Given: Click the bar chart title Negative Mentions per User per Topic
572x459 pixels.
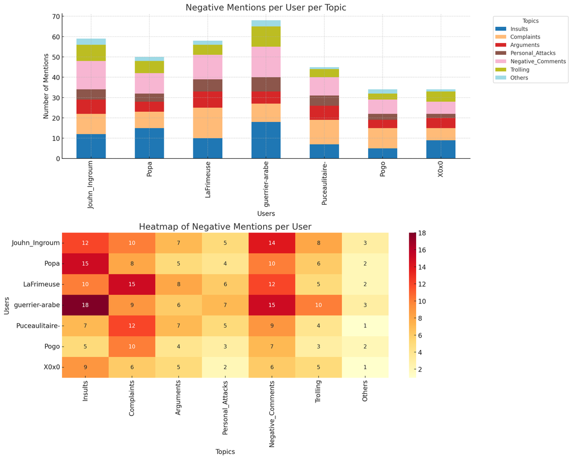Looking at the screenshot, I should pyautogui.click(x=265, y=7).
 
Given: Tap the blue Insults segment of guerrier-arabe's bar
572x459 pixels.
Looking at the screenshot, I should pyautogui.click(x=266, y=140).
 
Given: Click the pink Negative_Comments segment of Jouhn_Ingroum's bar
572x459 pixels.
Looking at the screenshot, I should pyautogui.click(x=91, y=75).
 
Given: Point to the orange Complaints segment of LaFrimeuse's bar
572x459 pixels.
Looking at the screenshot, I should pyautogui.click(x=208, y=123).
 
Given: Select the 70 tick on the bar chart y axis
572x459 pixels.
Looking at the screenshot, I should pyautogui.click(x=56, y=16).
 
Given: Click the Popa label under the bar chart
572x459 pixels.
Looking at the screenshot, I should pyautogui.click(x=150, y=171).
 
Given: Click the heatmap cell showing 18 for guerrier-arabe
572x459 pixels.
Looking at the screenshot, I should pyautogui.click(x=85, y=305).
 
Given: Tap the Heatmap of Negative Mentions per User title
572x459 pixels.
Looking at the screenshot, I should pyautogui.click(x=225, y=226).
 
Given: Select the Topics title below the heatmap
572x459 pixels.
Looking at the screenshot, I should pyautogui.click(x=225, y=451).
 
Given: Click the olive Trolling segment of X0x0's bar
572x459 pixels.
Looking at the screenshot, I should pyautogui.click(x=441, y=97).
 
